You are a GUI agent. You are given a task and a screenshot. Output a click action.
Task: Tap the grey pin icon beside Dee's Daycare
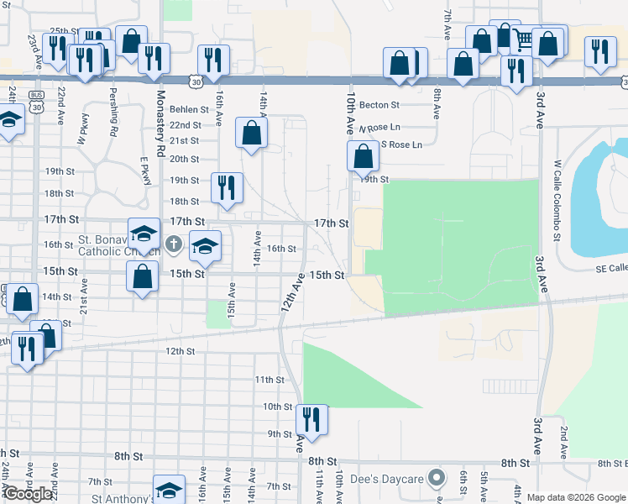coord(435,479)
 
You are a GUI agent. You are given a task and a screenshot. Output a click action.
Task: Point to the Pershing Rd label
coord(114,118)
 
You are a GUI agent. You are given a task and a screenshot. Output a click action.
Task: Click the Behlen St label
coord(189,109)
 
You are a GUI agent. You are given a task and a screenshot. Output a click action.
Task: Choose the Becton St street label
coord(379,106)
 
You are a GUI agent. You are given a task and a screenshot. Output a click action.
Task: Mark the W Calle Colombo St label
coord(557,198)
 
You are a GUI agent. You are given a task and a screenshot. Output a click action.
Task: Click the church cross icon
coord(174,245)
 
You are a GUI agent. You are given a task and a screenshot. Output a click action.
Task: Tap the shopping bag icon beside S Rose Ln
coord(363,155)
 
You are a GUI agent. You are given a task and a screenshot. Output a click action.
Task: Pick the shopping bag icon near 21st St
coord(252,132)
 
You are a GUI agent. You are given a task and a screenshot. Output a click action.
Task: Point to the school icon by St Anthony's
coord(169,491)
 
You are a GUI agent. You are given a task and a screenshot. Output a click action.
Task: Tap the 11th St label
coord(270,380)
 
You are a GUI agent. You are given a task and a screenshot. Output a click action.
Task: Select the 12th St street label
coord(180,351)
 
